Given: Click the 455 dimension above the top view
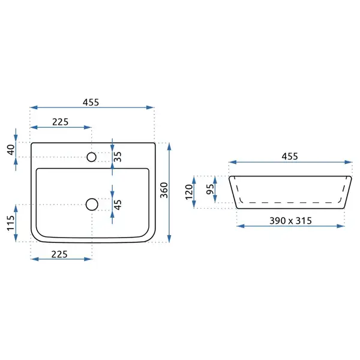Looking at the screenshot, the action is tap(91, 102).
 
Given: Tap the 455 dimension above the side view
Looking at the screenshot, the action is tap(290, 157).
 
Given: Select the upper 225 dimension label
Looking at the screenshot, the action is tap(60, 122).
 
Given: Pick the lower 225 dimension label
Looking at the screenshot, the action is tap(59, 254).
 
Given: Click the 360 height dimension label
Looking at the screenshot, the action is tap(164, 190).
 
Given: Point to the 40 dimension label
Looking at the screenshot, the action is tap(11, 149).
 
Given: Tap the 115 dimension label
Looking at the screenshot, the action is tap(11, 223).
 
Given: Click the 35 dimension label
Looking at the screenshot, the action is tap(118, 157).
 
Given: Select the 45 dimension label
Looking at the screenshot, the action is tap(118, 205).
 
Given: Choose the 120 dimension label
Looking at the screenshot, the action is tap(189, 192).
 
